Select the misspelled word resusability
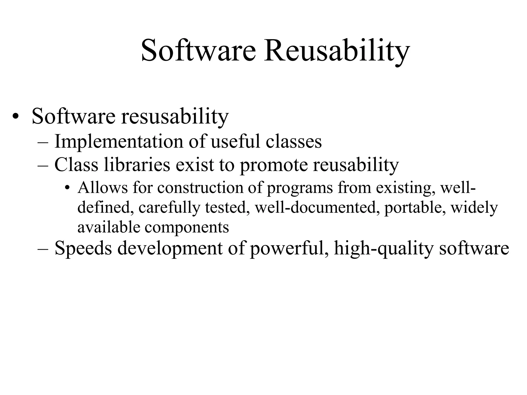[x=175, y=116]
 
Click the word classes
[x=294, y=142]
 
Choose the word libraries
[x=137, y=165]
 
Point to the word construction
[x=200, y=187]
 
